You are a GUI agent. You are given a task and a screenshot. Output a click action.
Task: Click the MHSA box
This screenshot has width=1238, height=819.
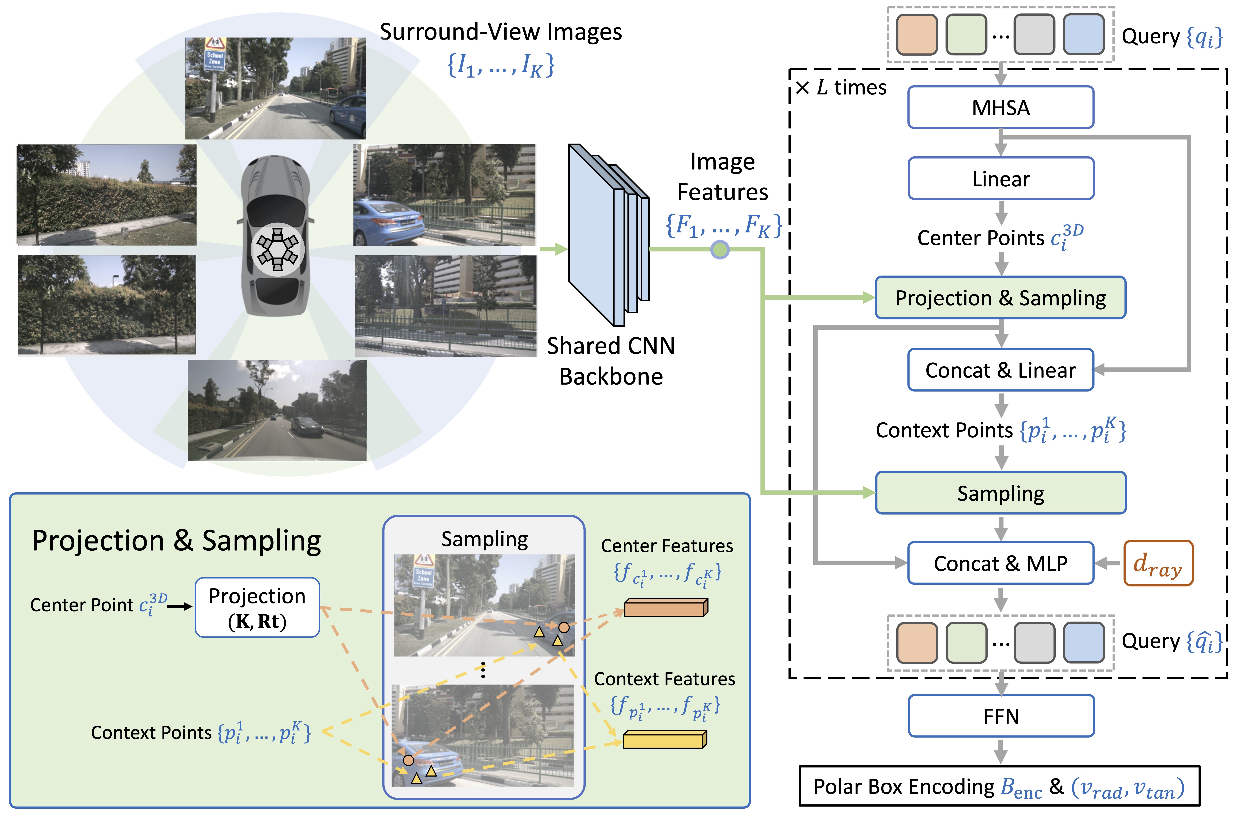click(1000, 108)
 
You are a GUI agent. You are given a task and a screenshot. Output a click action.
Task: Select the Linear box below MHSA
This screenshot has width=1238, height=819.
click(1000, 179)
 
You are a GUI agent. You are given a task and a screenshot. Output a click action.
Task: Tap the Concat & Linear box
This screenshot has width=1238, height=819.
click(1000, 370)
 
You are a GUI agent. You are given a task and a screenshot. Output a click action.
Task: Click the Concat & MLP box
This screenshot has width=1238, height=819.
click(1000, 563)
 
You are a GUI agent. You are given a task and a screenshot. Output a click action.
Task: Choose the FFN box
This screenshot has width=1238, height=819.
click(1000, 716)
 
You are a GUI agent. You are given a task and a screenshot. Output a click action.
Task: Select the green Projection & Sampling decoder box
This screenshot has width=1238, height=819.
click(1000, 298)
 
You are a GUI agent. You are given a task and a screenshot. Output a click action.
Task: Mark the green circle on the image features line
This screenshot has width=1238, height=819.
click(720, 250)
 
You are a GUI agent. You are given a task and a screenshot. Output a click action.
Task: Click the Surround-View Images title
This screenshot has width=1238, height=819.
click(500, 32)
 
